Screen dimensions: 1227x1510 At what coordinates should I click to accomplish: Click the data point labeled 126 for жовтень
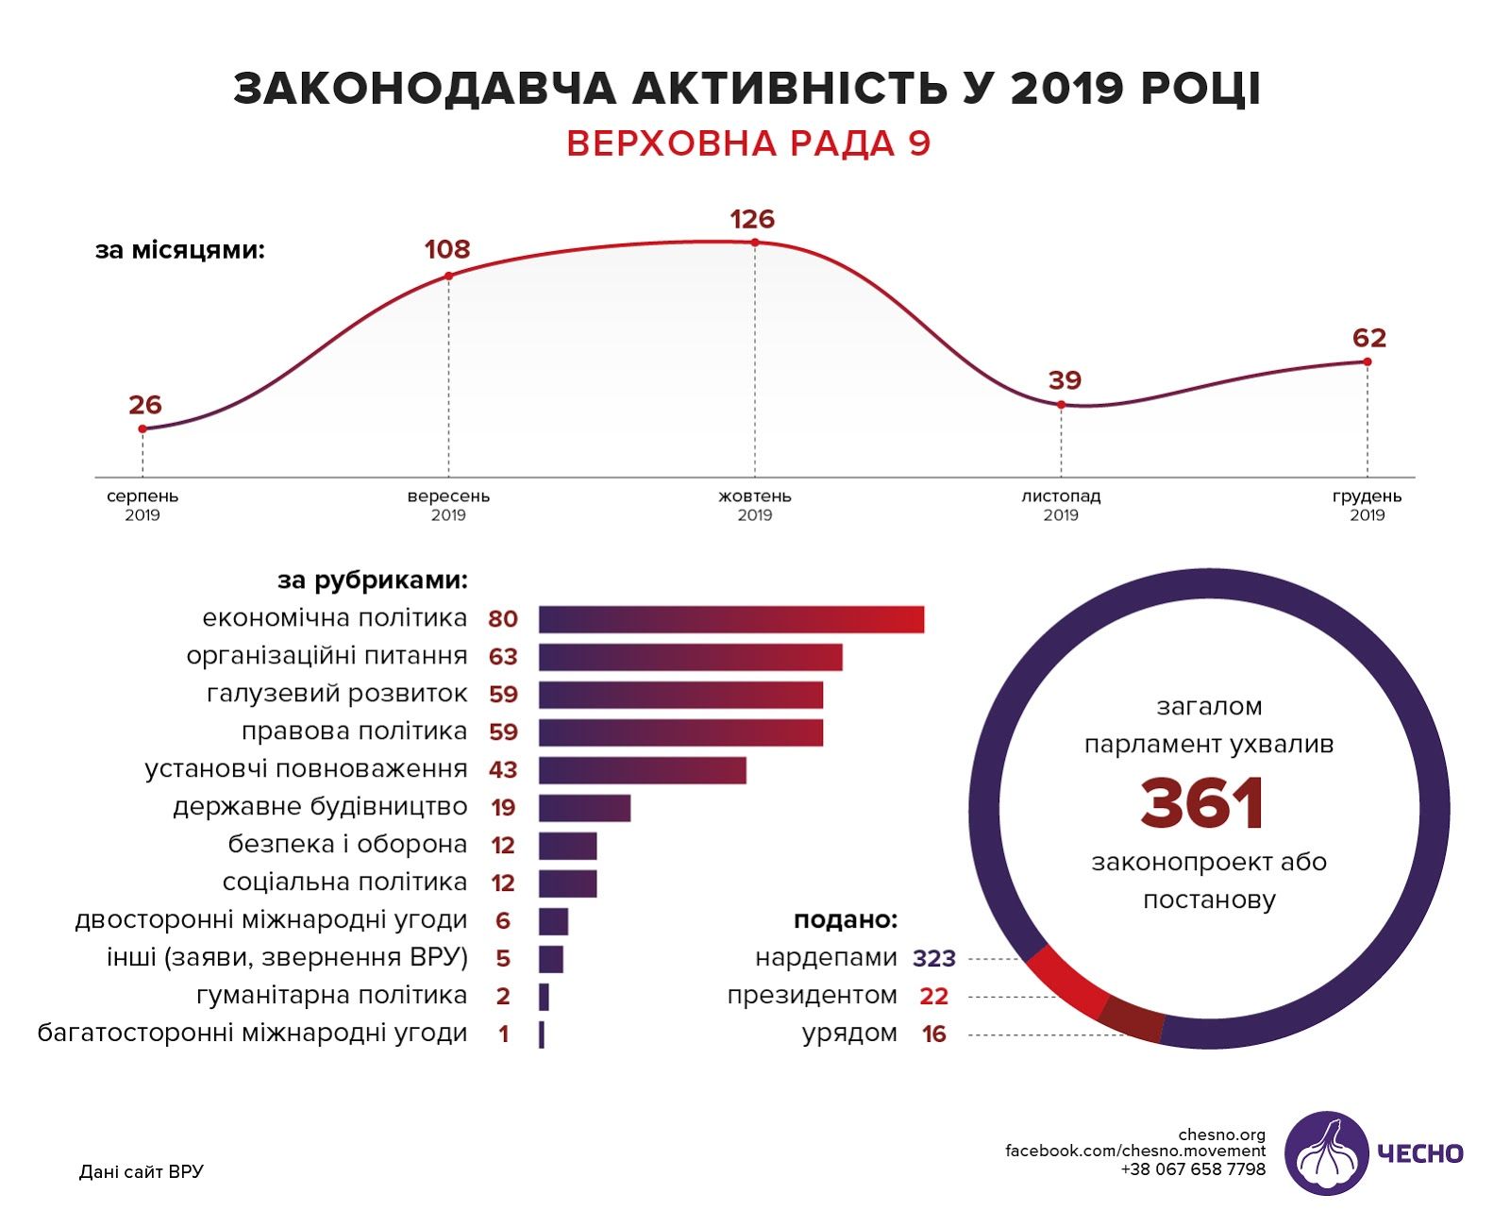[x=755, y=243]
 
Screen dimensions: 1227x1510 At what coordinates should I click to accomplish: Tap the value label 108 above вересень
[x=447, y=249]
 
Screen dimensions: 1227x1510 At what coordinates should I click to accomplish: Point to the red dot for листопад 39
[x=1061, y=405]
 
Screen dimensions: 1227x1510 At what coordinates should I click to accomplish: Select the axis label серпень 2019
[x=143, y=505]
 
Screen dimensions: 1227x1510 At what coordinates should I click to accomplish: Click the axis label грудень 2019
[x=1367, y=505]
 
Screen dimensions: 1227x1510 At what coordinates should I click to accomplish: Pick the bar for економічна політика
[x=731, y=619]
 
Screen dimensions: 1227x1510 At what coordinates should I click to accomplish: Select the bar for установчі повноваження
[x=643, y=770]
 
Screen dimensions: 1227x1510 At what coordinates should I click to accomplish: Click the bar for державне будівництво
[x=584, y=808]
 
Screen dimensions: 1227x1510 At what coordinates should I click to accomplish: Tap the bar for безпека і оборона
[x=567, y=846]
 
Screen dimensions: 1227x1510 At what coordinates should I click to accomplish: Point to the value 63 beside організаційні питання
[x=503, y=657]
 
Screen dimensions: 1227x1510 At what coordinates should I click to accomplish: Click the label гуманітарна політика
[x=331, y=996]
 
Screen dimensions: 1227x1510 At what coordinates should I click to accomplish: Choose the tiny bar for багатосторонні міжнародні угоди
[x=542, y=1034]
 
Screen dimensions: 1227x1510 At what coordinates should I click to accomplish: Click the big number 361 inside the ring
[x=1202, y=804]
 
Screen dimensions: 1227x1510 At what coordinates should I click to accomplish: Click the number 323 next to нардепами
[x=933, y=959]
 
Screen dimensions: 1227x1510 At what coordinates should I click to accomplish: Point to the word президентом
[x=812, y=996]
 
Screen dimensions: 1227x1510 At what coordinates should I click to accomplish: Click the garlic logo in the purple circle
[x=1326, y=1152]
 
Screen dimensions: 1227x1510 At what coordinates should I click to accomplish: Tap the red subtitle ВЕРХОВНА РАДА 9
[x=748, y=143]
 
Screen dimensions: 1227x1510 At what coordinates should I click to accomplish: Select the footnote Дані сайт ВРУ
[x=142, y=1172]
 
